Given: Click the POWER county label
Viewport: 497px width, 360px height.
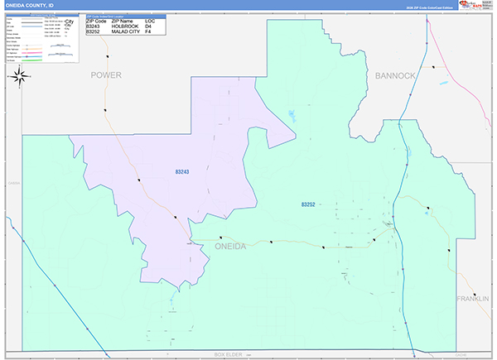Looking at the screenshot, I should point(106,75).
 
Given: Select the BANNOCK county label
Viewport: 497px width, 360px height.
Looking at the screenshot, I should point(395,75).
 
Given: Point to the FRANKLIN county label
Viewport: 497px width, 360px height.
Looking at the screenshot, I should point(473,298).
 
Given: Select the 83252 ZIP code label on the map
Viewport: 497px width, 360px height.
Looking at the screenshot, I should point(308,204).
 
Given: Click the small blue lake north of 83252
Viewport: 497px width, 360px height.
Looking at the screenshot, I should point(291,114).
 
